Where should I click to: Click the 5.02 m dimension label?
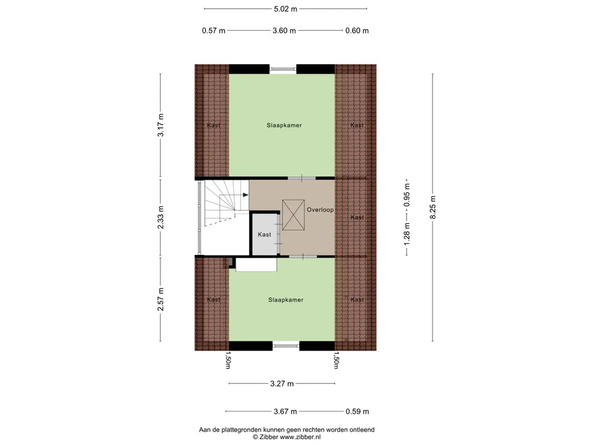coord(285,9)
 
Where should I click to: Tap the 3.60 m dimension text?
coord(284,31)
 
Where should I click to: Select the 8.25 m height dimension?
coord(433,207)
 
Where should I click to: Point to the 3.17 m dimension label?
coord(161,125)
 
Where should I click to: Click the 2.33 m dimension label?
coord(161,217)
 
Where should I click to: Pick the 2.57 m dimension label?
coord(161,300)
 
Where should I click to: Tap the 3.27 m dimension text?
coord(283,384)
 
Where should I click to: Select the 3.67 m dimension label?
coord(285,412)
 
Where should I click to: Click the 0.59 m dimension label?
coord(357,412)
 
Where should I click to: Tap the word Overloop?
coord(320,210)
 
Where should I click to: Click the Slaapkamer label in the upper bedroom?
coord(284,125)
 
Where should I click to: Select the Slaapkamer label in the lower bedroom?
coord(285,300)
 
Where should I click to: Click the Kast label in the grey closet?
coord(265,235)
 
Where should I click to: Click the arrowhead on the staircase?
coord(237,196)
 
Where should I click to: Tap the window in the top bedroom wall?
coord(283,69)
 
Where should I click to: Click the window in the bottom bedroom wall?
coord(285,346)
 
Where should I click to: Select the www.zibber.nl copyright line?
coord(286,437)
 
